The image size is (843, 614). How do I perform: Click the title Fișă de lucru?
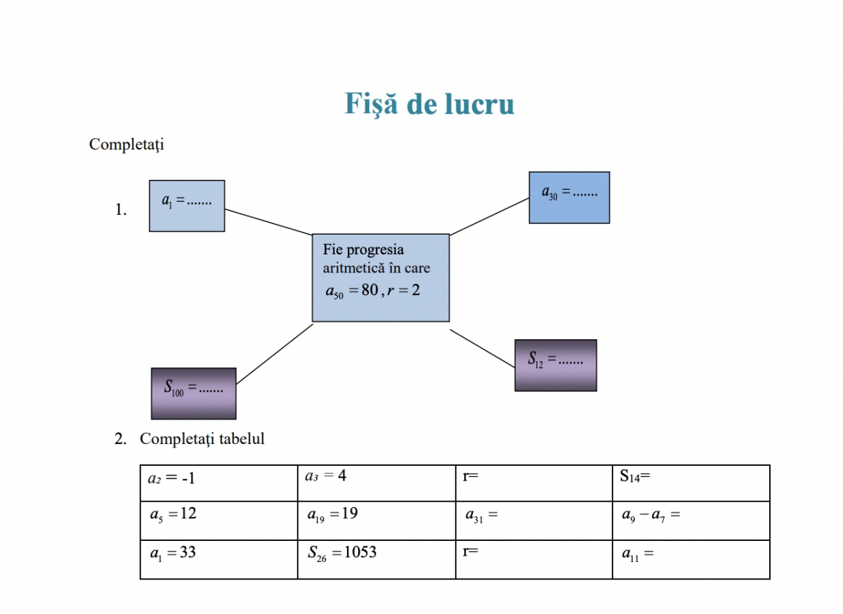click(429, 104)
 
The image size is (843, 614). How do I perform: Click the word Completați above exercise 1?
click(126, 145)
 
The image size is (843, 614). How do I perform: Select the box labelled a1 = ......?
click(187, 205)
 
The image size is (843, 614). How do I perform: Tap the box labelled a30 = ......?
click(569, 197)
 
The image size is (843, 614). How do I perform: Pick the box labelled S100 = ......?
click(194, 393)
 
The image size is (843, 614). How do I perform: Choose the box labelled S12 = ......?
click(556, 365)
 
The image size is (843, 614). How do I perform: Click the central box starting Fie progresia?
click(380, 277)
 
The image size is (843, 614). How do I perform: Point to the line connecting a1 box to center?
click(268, 221)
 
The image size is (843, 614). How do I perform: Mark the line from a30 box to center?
click(489, 216)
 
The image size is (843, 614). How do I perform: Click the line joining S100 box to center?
click(275, 354)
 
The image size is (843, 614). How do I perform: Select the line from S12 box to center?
click(482, 348)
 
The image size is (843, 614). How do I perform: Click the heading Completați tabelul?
click(202, 439)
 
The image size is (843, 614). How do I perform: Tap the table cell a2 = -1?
click(218, 483)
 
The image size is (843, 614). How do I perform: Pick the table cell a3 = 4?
click(376, 483)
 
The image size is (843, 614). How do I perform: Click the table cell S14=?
click(691, 483)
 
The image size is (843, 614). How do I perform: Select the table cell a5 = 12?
click(218, 520)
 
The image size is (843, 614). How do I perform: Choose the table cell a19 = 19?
click(376, 520)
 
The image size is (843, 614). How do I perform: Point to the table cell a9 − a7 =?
click(691, 520)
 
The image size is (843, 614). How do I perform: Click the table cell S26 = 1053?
click(376, 559)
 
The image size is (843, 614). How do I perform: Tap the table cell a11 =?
click(691, 559)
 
